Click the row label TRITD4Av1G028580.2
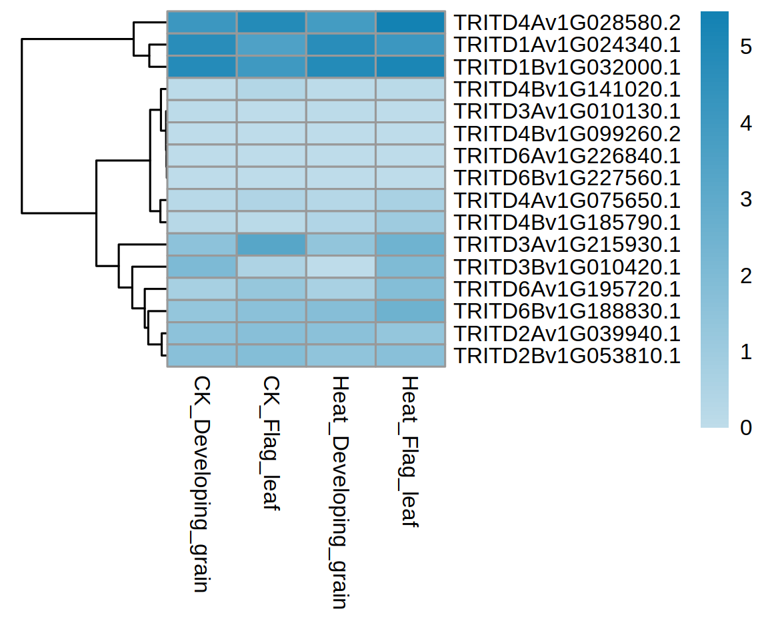[567, 23]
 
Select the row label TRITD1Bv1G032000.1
[567, 67]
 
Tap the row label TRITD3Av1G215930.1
[567, 245]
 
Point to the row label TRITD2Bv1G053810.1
[567, 356]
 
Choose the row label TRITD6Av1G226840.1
[567, 156]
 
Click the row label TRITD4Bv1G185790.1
[567, 223]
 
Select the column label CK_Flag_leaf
[271, 442]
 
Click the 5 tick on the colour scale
[746, 47]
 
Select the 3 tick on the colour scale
[746, 199]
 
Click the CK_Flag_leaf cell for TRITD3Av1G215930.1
[271, 245]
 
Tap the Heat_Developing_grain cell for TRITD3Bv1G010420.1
[340, 267]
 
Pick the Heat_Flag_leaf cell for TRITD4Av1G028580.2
[410, 23]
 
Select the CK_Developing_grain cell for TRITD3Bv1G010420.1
[201, 267]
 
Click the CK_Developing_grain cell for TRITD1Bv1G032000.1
[201, 67]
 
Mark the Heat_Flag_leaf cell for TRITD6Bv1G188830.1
[410, 311]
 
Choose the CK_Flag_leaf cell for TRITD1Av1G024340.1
[271, 45]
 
